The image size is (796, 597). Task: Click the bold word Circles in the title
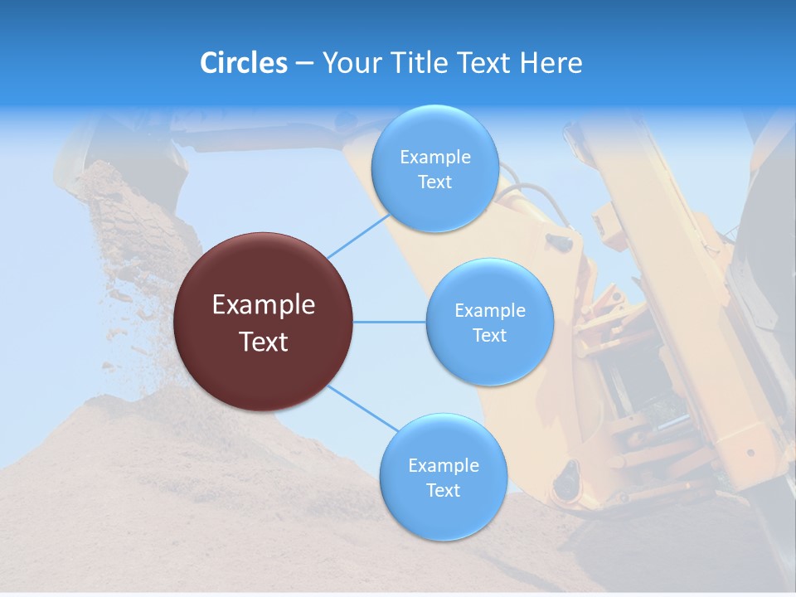click(244, 63)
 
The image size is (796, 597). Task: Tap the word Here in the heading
click(551, 63)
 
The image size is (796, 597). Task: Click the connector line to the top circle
click(358, 236)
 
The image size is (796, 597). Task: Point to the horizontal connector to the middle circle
click(389, 322)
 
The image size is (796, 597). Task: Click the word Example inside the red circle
click(264, 305)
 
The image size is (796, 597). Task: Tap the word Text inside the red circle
click(264, 342)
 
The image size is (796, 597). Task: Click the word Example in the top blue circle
click(434, 158)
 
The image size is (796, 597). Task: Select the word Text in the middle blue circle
click(489, 335)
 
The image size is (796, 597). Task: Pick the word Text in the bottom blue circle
click(443, 490)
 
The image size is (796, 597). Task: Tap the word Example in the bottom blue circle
click(443, 465)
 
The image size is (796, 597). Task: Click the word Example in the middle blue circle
click(489, 311)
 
